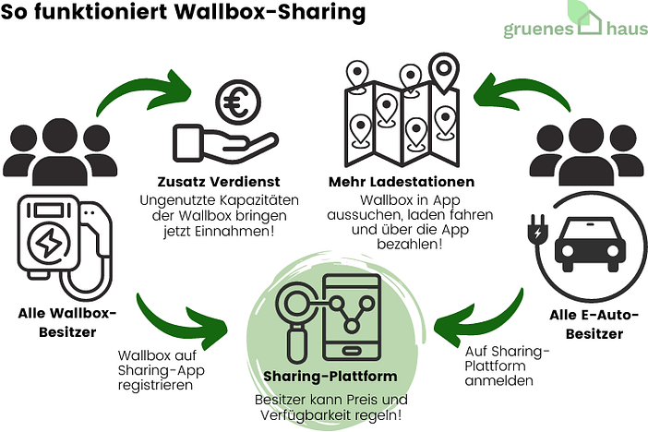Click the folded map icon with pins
pyautogui.click(x=401, y=112)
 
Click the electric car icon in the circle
pyautogui.click(x=586, y=242)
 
